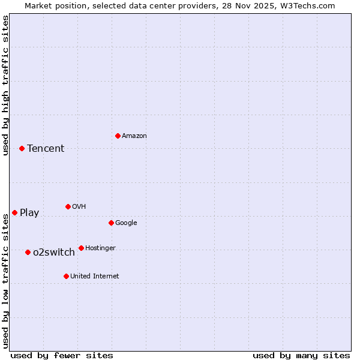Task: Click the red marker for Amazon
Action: tap(118, 136)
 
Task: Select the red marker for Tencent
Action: tap(22, 148)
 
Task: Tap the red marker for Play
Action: tap(14, 212)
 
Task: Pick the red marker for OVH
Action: tap(68, 206)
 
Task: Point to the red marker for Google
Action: tap(111, 223)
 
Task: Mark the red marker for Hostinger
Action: tap(81, 248)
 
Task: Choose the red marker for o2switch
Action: tap(28, 252)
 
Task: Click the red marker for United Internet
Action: tap(66, 276)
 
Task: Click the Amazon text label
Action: tap(134, 136)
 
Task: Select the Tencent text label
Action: tap(46, 149)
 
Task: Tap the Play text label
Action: tap(29, 213)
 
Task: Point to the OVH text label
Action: tap(79, 207)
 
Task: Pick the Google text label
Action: tap(126, 223)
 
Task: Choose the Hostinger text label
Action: tap(100, 248)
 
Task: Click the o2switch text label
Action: tap(54, 253)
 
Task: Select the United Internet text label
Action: tap(95, 277)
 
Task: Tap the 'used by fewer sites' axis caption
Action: tap(62, 355)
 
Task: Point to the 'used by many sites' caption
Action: tap(301, 355)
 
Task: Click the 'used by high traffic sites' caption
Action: tap(5, 85)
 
